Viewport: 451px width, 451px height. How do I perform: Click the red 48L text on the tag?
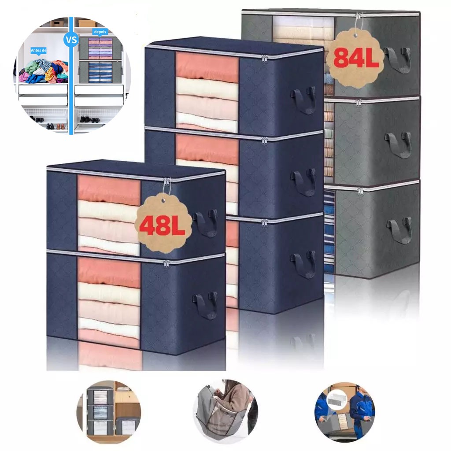click(x=162, y=225)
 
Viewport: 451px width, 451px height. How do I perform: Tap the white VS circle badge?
click(x=71, y=39)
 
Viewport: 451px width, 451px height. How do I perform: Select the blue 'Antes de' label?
click(x=39, y=51)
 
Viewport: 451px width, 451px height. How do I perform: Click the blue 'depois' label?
click(x=100, y=32)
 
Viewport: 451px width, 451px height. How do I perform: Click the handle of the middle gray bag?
click(x=398, y=144)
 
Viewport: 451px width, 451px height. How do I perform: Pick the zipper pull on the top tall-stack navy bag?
click(x=264, y=59)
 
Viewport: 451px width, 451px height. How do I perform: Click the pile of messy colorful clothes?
click(x=44, y=71)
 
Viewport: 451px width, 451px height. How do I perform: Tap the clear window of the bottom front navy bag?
click(x=109, y=302)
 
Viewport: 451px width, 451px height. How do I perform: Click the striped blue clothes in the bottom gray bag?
click(x=329, y=230)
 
